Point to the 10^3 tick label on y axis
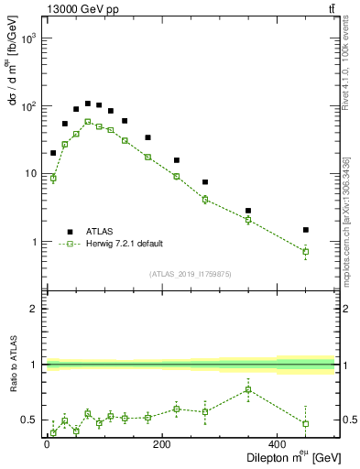click(x=27, y=38)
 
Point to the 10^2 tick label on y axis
click(x=27, y=106)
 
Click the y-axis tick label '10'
click(x=29, y=174)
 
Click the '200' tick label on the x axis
click(x=161, y=445)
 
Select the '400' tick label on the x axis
click(x=277, y=445)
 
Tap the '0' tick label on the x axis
click(x=47, y=445)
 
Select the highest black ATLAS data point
click(x=88, y=104)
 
